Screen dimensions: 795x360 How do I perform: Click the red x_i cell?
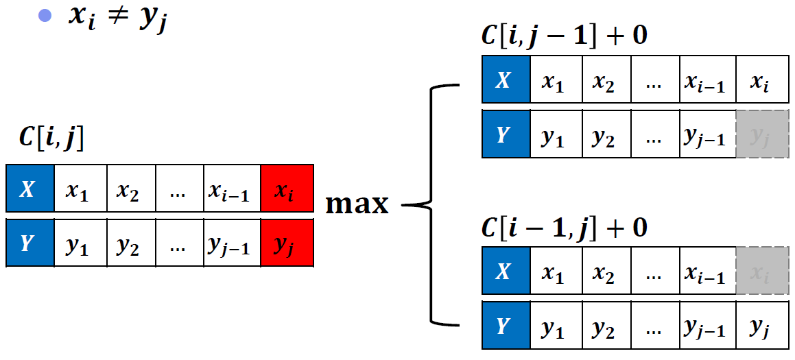click(x=287, y=188)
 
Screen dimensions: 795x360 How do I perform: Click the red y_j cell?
click(x=287, y=243)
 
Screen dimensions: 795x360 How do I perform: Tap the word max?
click(x=357, y=204)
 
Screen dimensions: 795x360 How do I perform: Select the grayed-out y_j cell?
click(x=763, y=134)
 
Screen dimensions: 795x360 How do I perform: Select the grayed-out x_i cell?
click(x=763, y=270)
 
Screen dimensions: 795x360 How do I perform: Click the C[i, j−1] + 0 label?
click(x=564, y=37)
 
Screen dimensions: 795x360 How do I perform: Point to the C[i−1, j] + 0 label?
click(x=564, y=228)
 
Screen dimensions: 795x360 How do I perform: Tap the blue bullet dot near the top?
click(x=45, y=16)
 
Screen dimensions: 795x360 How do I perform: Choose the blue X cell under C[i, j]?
click(x=30, y=188)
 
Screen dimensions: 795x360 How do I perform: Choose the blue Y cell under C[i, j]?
click(x=30, y=243)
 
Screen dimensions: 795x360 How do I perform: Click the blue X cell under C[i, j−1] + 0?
click(x=505, y=79)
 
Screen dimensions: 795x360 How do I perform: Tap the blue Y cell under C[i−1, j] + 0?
click(x=505, y=325)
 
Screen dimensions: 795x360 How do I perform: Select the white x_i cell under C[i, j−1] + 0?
click(x=763, y=79)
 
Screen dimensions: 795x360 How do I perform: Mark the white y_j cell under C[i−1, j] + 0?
click(x=763, y=325)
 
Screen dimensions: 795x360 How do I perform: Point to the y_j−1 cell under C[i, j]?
click(x=233, y=243)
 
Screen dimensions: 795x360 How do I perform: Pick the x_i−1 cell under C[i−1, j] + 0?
click(x=708, y=270)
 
